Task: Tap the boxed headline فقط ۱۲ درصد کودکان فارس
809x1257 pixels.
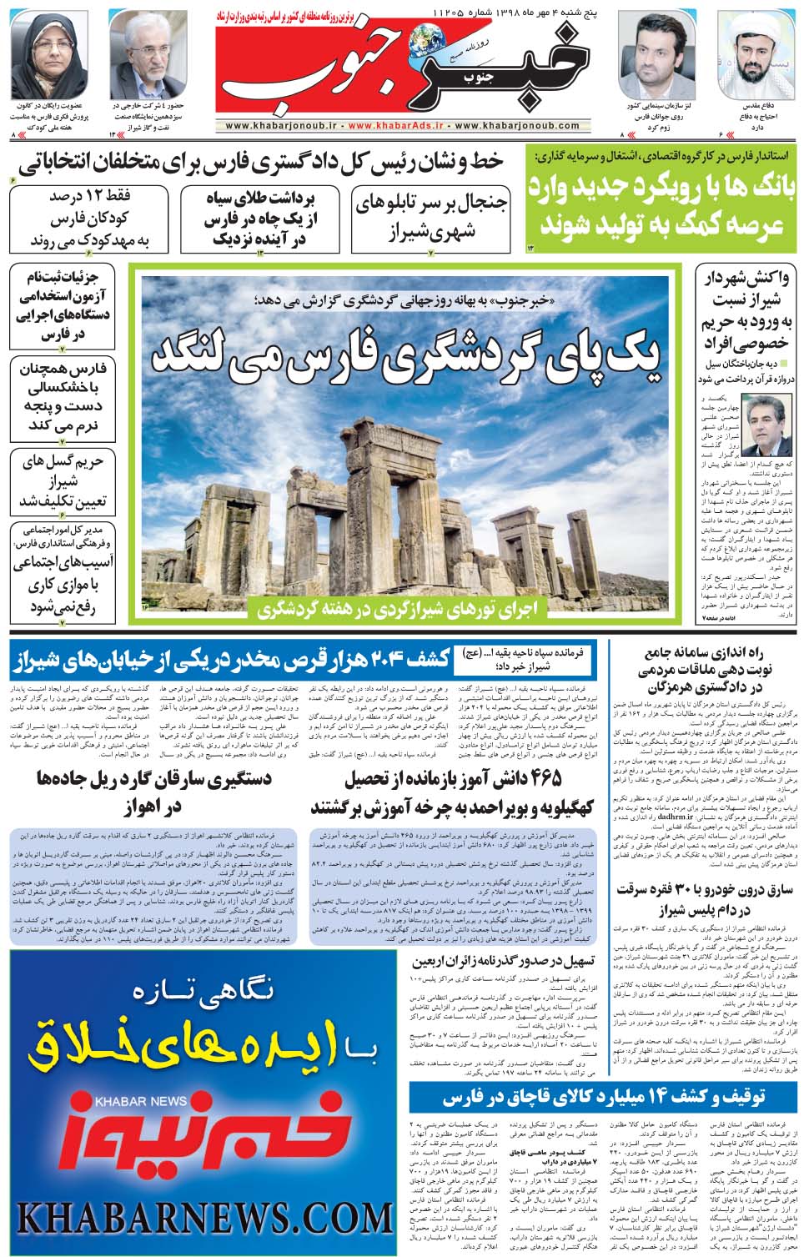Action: pos(89,219)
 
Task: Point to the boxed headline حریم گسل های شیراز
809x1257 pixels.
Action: pos(63,482)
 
